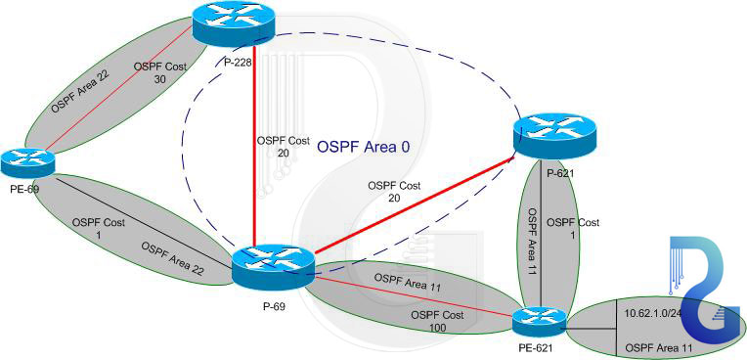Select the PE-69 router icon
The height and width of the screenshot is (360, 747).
point(27,160)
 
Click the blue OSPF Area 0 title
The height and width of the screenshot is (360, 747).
point(363,147)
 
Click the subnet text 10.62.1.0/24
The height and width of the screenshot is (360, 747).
point(657,314)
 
